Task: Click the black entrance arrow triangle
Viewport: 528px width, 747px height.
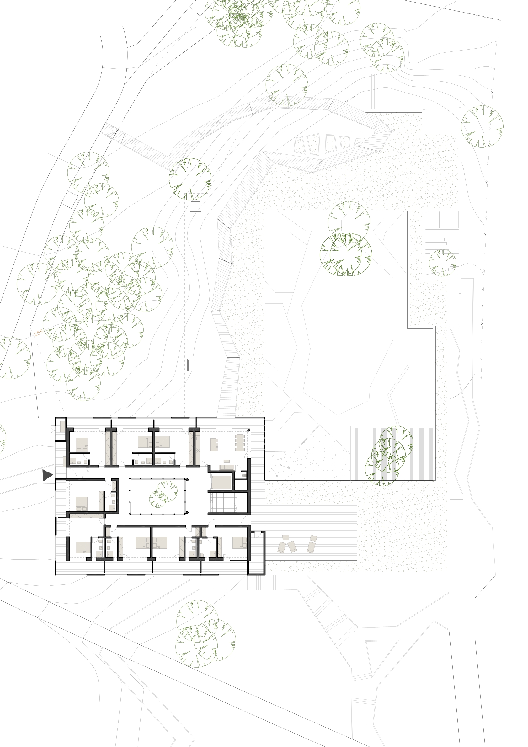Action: [x=47, y=475]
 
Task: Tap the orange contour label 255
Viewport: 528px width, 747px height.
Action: [x=39, y=333]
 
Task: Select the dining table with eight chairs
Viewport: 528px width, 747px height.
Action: [x=240, y=442]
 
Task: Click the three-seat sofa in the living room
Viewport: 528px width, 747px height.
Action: [x=227, y=467]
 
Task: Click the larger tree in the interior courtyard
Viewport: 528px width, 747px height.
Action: [x=167, y=491]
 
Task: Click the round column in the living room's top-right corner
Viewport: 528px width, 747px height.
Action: [x=248, y=430]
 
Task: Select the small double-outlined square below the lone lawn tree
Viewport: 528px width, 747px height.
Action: [x=195, y=206]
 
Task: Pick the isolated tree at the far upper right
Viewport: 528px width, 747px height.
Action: [x=482, y=126]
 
